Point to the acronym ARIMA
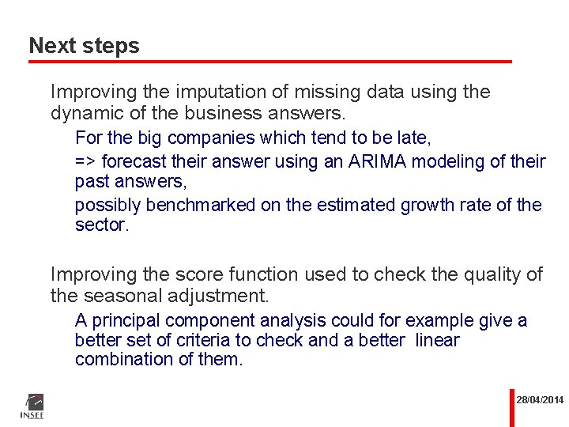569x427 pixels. coord(389,161)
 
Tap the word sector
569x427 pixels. coord(100,225)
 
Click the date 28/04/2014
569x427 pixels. coord(540,400)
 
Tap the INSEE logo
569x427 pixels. coord(32,406)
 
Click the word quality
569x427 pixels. coord(490,274)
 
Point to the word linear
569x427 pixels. coord(437,340)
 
